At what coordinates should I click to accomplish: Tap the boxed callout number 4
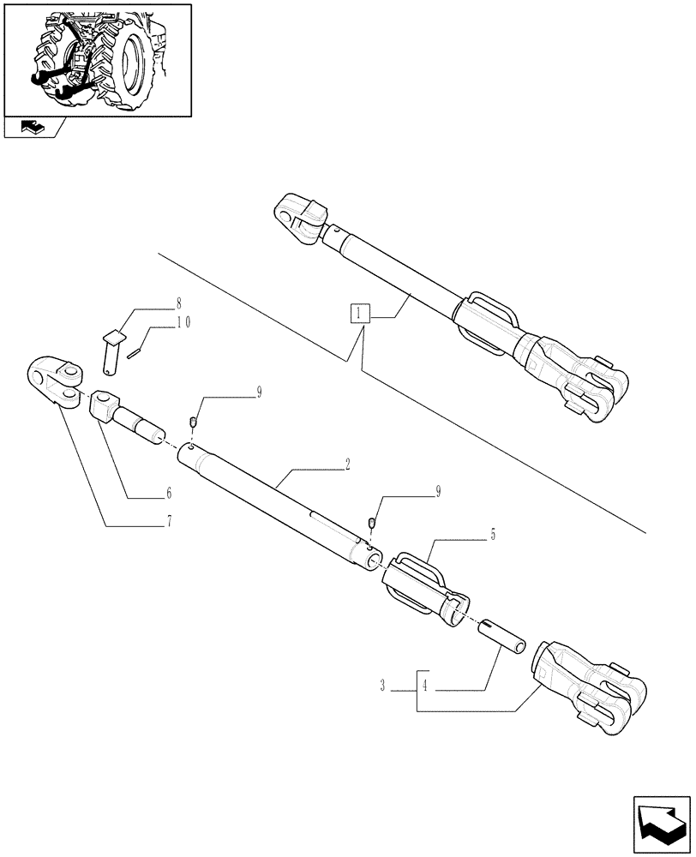(x=426, y=686)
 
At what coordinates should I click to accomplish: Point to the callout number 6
(x=169, y=493)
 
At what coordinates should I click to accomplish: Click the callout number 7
(x=169, y=520)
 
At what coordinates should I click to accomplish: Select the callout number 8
(x=178, y=303)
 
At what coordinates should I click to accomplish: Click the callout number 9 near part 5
(x=439, y=491)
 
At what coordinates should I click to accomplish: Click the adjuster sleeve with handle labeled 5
(x=424, y=586)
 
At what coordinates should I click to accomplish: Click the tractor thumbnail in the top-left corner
(x=97, y=58)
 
